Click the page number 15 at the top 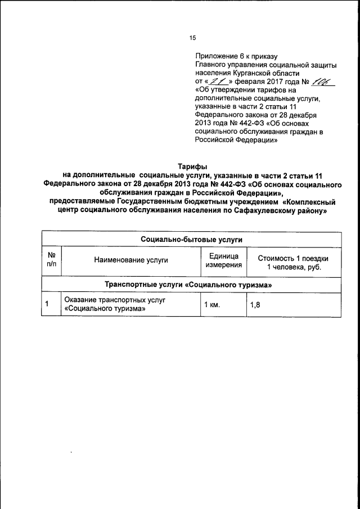coord(192,38)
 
